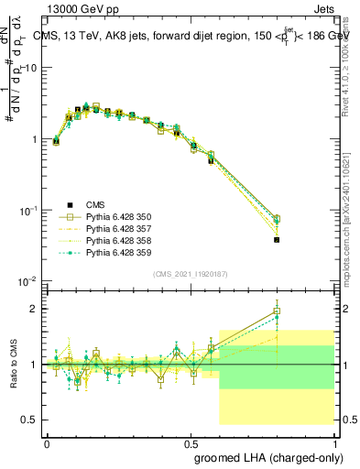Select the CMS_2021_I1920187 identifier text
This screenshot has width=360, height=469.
[191, 274]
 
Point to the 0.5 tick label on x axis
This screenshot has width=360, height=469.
[190, 442]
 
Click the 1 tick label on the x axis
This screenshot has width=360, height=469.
[333, 442]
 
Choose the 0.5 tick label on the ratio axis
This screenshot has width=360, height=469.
[31, 420]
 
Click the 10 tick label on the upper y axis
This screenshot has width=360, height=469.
[33, 68]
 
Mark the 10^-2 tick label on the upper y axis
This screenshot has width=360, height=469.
[30, 281]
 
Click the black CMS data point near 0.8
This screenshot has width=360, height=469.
[277, 240]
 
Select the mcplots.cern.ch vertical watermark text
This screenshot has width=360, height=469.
[352, 211]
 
